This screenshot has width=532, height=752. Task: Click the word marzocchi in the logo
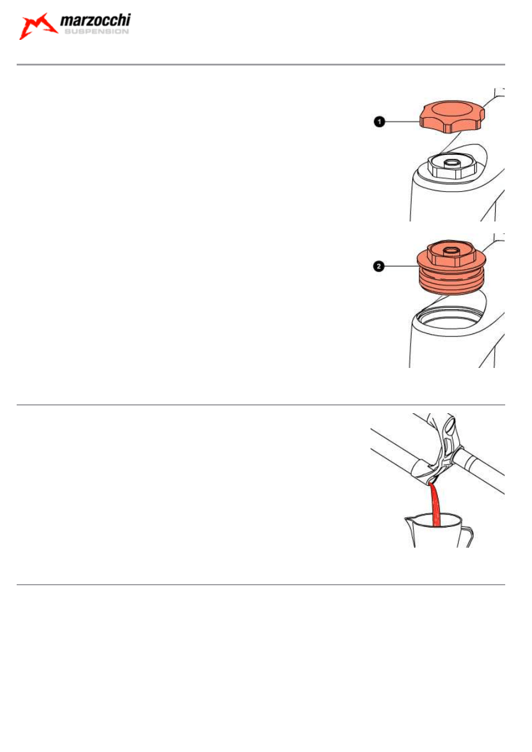pyautogui.click(x=95, y=20)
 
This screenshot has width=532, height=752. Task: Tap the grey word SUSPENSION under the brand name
pyautogui.click(x=97, y=32)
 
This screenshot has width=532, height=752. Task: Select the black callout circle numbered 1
pyautogui.click(x=379, y=121)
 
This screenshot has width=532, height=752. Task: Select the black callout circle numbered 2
pyautogui.click(x=378, y=266)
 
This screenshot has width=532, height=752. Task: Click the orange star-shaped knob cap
pyautogui.click(x=452, y=116)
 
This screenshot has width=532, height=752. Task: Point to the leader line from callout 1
pyautogui.click(x=402, y=121)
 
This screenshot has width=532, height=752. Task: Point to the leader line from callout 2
pyautogui.click(x=401, y=266)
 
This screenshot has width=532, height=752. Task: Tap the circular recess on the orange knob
pyautogui.click(x=452, y=110)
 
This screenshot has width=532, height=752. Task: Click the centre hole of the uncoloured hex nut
pyautogui.click(x=452, y=163)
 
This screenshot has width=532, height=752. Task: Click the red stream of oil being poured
pyautogui.click(x=435, y=505)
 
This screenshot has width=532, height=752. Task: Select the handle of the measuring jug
pyautogui.click(x=468, y=537)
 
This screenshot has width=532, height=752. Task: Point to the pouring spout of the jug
pyautogui.click(x=407, y=521)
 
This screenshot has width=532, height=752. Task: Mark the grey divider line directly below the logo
pyautogui.click(x=260, y=64)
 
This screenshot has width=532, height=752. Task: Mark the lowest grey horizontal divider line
pyautogui.click(x=260, y=585)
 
